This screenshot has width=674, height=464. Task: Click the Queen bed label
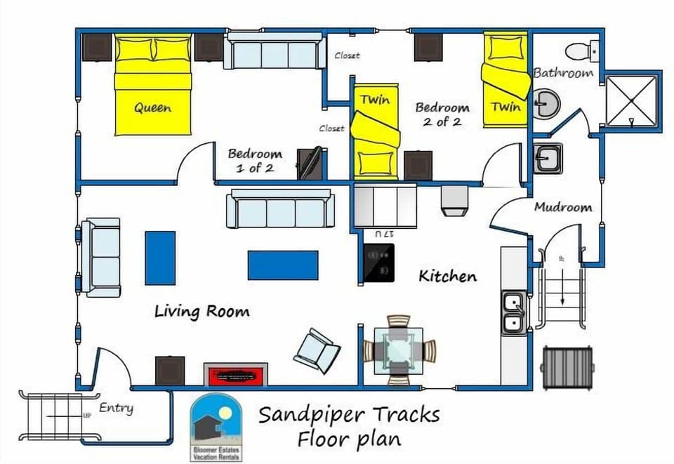point(152,108)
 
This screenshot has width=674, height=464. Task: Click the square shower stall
point(631,100)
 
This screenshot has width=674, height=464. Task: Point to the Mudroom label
point(562,207)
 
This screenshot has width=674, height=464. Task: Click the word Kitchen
point(447,276)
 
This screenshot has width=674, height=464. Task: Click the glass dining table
point(398,350)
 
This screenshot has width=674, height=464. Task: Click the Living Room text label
point(201,310)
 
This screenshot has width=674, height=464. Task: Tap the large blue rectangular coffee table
point(282,265)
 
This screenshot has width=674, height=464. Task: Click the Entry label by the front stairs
point(116,408)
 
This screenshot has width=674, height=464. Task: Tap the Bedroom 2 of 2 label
point(442,114)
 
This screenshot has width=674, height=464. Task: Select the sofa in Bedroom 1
point(275,51)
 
